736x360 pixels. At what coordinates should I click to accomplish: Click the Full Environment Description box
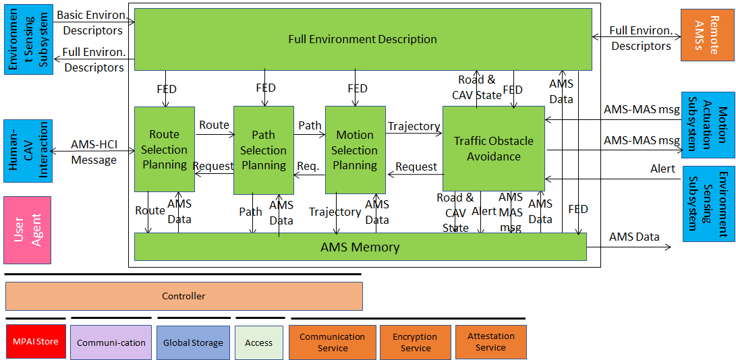pyautogui.click(x=363, y=39)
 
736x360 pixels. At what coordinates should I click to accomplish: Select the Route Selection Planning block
pyautogui.click(x=165, y=149)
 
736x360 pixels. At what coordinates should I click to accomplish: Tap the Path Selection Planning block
pyautogui.click(x=264, y=150)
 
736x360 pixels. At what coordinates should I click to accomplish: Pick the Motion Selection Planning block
pyautogui.click(x=356, y=150)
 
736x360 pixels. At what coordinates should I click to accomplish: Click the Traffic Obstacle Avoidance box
pyautogui.click(x=494, y=148)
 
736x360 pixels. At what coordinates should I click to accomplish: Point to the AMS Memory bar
pyautogui.click(x=360, y=247)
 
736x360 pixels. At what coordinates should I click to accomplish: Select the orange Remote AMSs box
pyautogui.click(x=708, y=35)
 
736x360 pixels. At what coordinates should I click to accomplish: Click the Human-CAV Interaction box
pyautogui.click(x=28, y=150)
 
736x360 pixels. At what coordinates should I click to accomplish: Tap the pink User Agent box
pyautogui.click(x=27, y=230)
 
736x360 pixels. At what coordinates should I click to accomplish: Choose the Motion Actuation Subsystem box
pyautogui.click(x=708, y=124)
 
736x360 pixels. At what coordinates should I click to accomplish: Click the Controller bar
pyautogui.click(x=184, y=296)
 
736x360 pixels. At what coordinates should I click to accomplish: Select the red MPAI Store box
pyautogui.click(x=36, y=341)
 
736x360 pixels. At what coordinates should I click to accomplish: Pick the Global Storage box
pyautogui.click(x=194, y=342)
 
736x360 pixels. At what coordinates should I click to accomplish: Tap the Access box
pyautogui.click(x=258, y=342)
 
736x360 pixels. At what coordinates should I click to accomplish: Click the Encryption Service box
pyautogui.click(x=416, y=342)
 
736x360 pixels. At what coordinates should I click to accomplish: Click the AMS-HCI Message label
pyautogui.click(x=94, y=152)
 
